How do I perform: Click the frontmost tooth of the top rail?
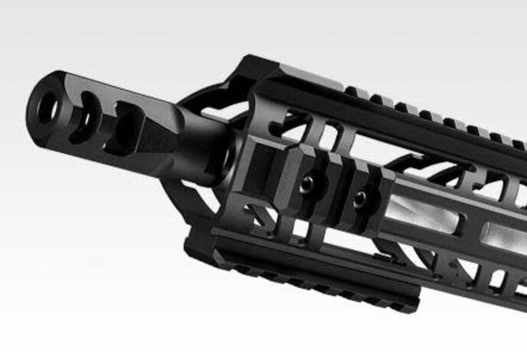tap(354, 92)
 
